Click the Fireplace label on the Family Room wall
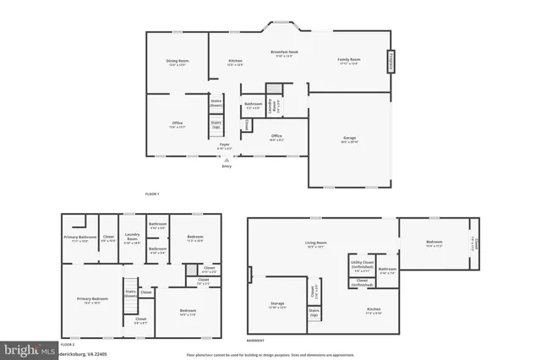tap(391, 62)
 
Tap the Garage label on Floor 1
tap(350, 139)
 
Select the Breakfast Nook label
tap(281, 54)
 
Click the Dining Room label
tap(177, 63)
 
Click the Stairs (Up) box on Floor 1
tap(216, 125)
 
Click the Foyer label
tap(225, 146)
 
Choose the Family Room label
tap(349, 61)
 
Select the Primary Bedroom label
tap(92, 301)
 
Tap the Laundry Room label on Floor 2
tap(132, 237)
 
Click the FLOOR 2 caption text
tap(68, 345)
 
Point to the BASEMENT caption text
tap(256, 340)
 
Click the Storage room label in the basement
tap(276, 305)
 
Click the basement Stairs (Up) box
tap(314, 314)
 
